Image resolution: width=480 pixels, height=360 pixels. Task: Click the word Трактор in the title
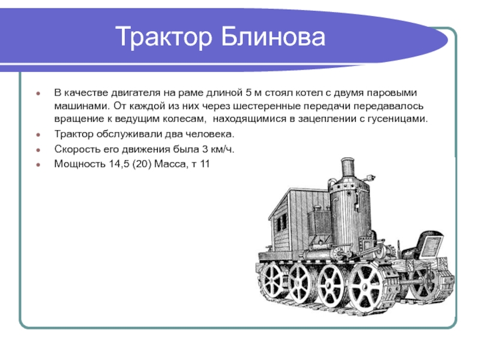point(164,37)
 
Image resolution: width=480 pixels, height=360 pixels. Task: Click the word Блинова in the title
point(272,36)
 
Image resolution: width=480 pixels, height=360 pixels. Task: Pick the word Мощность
point(80,164)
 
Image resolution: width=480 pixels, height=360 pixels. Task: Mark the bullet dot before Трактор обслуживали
point(38,134)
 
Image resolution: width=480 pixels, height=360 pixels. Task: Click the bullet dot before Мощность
point(38,164)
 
